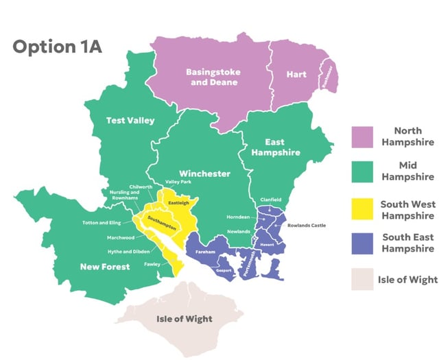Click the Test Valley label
point(130,121)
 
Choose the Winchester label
point(204,173)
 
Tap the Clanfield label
point(270,200)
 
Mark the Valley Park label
point(178,182)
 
